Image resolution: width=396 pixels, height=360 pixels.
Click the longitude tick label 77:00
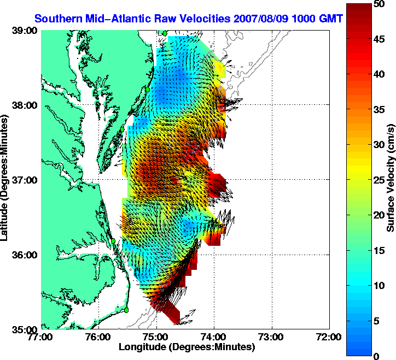[41, 337]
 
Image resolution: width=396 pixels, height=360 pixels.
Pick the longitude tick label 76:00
[99, 337]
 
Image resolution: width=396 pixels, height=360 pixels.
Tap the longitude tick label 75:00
[156, 337]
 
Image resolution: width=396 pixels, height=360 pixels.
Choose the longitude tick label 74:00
[214, 337]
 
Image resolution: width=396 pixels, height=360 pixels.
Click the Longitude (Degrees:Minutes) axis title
[186, 347]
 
